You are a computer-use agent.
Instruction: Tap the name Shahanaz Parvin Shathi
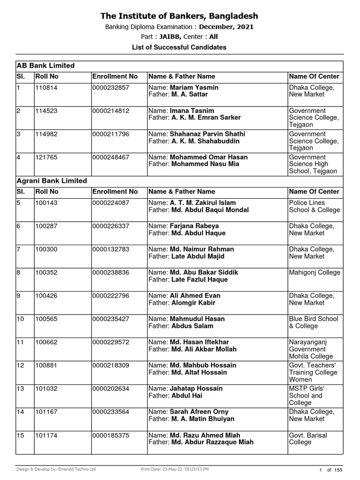207,134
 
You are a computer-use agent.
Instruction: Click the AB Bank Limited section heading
46,66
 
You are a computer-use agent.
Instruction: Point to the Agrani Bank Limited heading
52,180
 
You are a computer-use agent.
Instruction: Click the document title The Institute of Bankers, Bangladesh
180,16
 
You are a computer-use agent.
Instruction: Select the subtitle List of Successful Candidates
180,47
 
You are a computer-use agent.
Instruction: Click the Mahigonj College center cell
315,273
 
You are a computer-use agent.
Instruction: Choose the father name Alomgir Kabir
193,303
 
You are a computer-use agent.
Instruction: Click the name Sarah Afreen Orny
199,412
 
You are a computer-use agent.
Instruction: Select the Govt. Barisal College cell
308,439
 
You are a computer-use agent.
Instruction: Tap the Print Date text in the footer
175,469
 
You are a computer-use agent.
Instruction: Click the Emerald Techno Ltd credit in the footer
76,469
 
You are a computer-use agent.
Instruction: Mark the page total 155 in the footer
339,469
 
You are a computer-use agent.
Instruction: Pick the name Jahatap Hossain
196,389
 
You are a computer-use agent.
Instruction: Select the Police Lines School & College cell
314,207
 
